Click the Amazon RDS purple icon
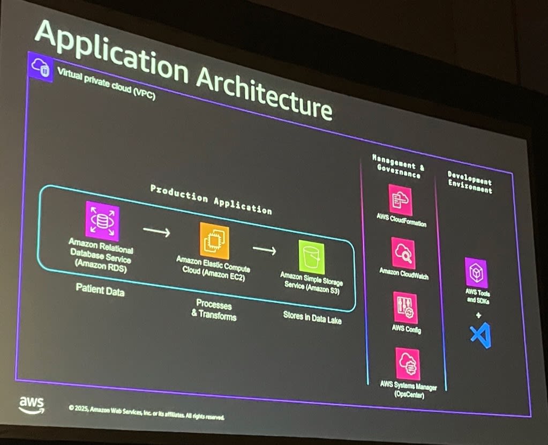click(102, 220)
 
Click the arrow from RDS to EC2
click(156, 232)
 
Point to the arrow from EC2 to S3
click(264, 249)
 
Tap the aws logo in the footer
click(32, 404)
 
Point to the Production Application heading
click(211, 199)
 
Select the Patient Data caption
click(100, 290)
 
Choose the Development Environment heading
click(470, 183)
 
